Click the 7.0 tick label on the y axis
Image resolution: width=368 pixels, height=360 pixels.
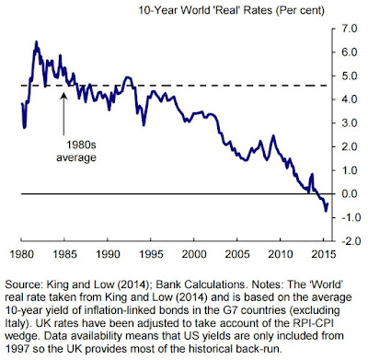click(349, 29)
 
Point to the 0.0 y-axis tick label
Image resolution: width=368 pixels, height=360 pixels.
click(349, 193)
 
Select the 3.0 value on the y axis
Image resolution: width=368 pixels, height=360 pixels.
click(349, 123)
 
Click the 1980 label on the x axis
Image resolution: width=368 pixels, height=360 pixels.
click(22, 254)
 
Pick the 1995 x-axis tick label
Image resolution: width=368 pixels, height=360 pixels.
click(151, 254)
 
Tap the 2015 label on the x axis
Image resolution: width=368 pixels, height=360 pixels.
click(323, 254)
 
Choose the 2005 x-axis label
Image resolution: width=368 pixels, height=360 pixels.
click(237, 254)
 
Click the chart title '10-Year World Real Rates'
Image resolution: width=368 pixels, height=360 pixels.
click(205, 10)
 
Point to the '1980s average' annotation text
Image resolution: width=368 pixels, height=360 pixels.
click(76, 151)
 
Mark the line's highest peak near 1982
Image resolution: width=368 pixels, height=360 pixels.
click(36, 41)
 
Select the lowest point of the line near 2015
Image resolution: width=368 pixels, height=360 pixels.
click(326, 211)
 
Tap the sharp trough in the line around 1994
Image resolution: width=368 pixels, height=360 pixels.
click(144, 125)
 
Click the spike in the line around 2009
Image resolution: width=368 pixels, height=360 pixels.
click(273, 135)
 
